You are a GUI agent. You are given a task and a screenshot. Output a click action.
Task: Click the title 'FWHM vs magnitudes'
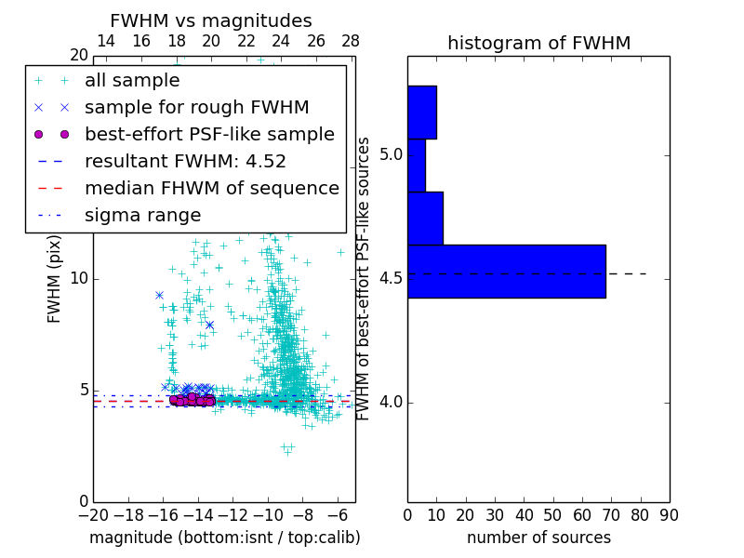coord(211,21)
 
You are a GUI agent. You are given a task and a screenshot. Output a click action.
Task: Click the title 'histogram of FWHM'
coord(538,44)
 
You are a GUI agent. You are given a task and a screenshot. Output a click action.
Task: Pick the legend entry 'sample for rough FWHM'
coord(196,108)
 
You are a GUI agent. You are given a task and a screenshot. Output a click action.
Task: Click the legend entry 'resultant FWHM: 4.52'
coord(185,162)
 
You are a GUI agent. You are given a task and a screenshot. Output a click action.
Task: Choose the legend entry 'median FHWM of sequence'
coord(211,189)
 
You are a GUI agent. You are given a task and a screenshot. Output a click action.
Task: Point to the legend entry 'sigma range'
coord(142,216)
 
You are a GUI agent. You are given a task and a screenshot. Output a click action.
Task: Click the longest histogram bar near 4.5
coord(506,272)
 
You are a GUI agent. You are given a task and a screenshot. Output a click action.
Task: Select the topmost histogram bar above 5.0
coord(421,113)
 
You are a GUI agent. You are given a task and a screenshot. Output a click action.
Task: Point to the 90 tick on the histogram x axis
coord(669,515)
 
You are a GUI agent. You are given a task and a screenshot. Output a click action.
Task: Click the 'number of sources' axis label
coord(538,538)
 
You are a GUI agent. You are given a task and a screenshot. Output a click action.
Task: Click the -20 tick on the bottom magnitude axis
coord(93,515)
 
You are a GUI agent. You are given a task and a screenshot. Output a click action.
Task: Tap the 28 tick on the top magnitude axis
coord(351,41)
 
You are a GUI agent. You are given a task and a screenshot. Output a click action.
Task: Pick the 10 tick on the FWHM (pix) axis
coord(78,279)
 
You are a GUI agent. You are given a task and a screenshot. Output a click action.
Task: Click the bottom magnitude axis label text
coord(224,538)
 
